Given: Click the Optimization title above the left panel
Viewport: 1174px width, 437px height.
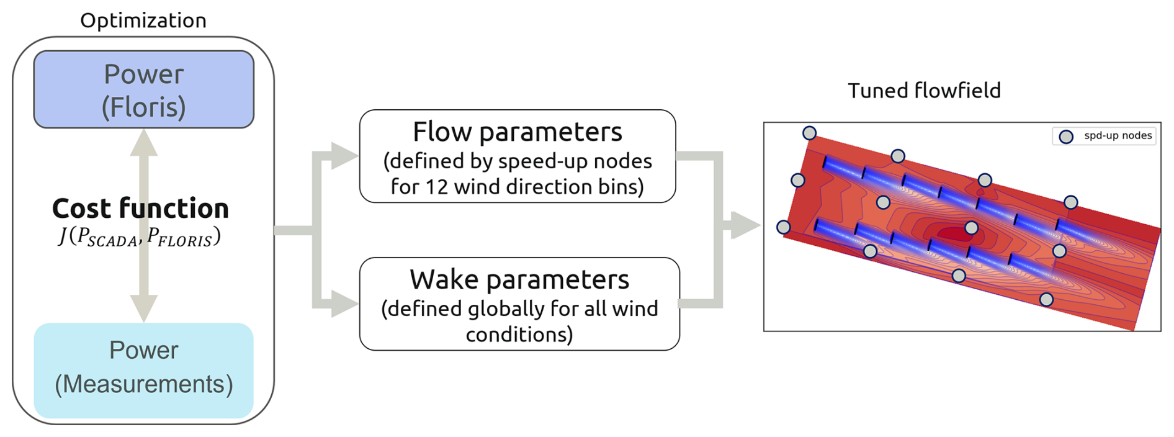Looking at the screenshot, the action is coord(143,20).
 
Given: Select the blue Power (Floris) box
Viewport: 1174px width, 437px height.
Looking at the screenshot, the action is coord(144,89).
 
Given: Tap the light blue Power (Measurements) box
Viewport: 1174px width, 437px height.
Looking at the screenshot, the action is coord(144,370).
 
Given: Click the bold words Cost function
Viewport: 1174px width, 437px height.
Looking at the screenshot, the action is coord(141,209).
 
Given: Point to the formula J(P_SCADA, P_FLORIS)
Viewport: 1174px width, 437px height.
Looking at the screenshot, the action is coord(140,237).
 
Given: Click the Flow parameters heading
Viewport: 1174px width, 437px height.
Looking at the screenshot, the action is coord(518,132).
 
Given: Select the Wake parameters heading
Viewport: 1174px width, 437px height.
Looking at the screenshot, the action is coord(519,280).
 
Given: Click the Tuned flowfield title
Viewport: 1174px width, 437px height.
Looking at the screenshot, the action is coord(925,91).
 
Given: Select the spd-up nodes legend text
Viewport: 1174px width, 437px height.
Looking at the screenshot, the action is coord(1118,135).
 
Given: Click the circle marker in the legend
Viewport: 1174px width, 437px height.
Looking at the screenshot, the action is coord(1066,137).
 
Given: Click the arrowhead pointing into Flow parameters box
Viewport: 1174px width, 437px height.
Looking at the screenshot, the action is coord(345,156).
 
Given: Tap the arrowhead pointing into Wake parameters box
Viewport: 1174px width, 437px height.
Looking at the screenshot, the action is coord(345,304).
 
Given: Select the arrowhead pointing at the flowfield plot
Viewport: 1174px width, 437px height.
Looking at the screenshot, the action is coord(746,225).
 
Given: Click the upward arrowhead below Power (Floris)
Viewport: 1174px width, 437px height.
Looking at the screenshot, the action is coord(143,142).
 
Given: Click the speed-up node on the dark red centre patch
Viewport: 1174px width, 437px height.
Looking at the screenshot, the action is coord(972,228).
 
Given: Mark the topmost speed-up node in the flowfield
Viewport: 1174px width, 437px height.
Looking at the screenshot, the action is coord(809,133).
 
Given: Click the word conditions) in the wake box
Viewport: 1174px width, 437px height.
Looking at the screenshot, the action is coord(519,335).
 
